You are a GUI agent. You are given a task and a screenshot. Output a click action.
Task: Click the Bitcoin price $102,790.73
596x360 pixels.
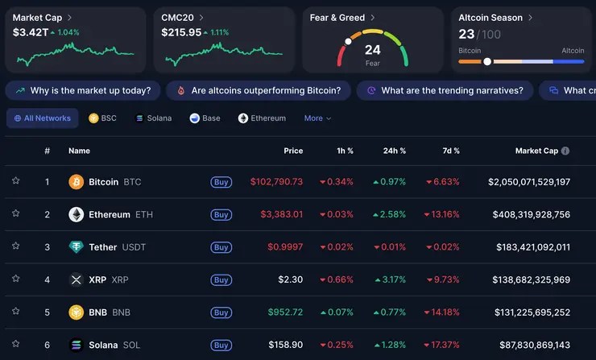276,182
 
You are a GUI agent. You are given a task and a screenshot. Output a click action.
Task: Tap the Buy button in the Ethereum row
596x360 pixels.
221,215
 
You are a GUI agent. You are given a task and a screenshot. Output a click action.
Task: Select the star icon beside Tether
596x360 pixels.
15,246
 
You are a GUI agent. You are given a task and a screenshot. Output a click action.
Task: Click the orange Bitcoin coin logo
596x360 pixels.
77,182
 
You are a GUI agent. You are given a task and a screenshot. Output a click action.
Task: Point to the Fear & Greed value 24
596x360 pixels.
372,50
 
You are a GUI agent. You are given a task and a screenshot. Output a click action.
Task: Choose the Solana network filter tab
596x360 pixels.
153,118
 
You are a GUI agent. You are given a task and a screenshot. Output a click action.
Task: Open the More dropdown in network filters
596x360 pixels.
317,118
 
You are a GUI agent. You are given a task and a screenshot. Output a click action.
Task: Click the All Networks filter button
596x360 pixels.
43,118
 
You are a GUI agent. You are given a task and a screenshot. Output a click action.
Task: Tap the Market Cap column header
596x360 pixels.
536,151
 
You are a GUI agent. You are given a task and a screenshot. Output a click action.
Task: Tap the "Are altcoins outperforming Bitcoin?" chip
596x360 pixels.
258,90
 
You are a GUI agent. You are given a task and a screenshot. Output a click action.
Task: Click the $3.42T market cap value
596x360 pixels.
29,33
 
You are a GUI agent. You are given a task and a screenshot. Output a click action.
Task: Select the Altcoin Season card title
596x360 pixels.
490,18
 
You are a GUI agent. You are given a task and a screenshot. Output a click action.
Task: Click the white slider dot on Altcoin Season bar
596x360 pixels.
487,61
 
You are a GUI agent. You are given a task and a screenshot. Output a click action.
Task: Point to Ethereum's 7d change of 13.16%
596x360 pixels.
442,215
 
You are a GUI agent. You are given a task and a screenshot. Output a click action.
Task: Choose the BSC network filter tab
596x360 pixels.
102,118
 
